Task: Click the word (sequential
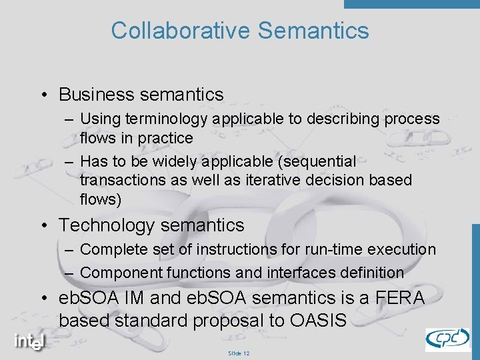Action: pos(320,161)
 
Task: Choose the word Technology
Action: pos(107,226)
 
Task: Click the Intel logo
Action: pos(30,341)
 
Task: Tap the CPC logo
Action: pos(447,339)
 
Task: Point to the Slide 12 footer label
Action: pos(239,353)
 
